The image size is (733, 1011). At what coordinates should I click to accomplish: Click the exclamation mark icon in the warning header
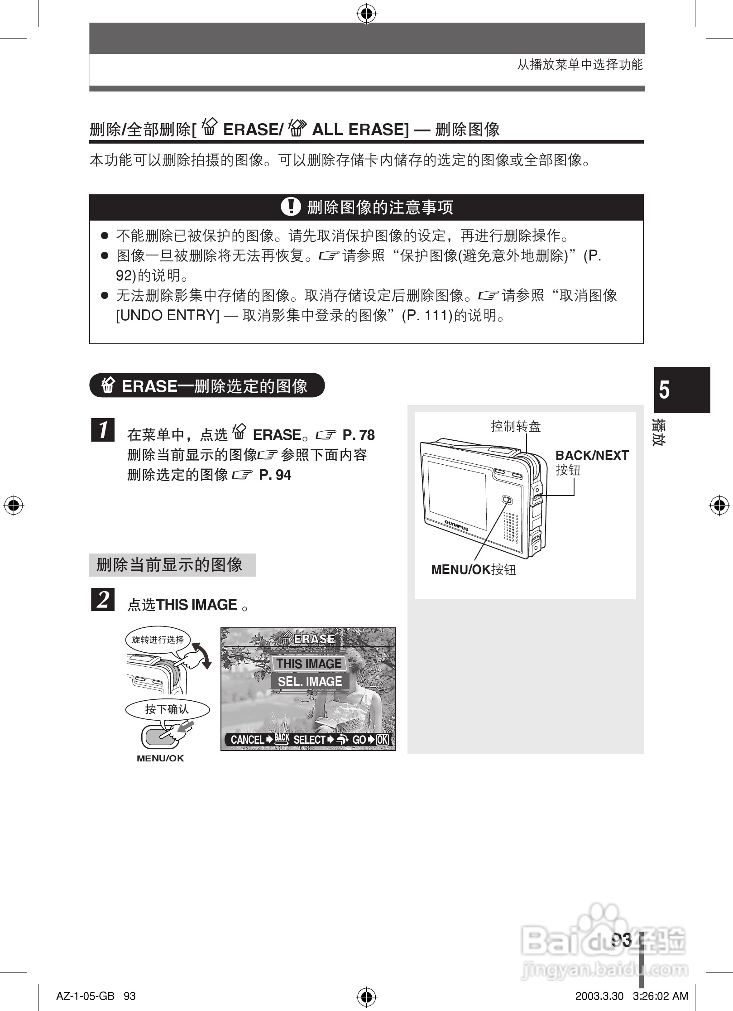(x=291, y=207)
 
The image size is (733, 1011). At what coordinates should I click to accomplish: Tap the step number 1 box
(x=103, y=430)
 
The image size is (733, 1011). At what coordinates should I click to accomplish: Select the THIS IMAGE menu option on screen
(x=309, y=664)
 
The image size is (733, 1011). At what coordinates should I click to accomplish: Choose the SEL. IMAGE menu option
(x=310, y=681)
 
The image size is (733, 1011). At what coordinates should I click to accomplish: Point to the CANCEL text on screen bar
(x=247, y=740)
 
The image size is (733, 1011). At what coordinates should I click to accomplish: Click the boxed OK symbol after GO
(x=383, y=740)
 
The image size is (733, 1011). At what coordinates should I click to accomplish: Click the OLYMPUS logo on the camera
(x=456, y=525)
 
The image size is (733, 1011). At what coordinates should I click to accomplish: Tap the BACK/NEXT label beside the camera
(x=592, y=455)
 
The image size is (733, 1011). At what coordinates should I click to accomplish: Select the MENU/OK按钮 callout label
(x=473, y=569)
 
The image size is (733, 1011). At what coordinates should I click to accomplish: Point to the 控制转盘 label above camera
(x=516, y=426)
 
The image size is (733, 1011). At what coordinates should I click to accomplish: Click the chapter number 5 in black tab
(x=664, y=390)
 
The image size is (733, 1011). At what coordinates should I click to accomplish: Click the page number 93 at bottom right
(x=621, y=940)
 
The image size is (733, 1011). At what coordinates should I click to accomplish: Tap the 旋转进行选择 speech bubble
(x=158, y=640)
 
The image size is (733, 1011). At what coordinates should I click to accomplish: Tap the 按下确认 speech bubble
(x=167, y=709)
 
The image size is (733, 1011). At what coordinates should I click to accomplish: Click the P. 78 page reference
(x=359, y=435)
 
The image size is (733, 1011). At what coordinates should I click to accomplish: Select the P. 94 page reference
(x=275, y=475)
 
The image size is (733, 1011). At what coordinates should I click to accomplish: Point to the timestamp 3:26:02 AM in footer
(x=661, y=996)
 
